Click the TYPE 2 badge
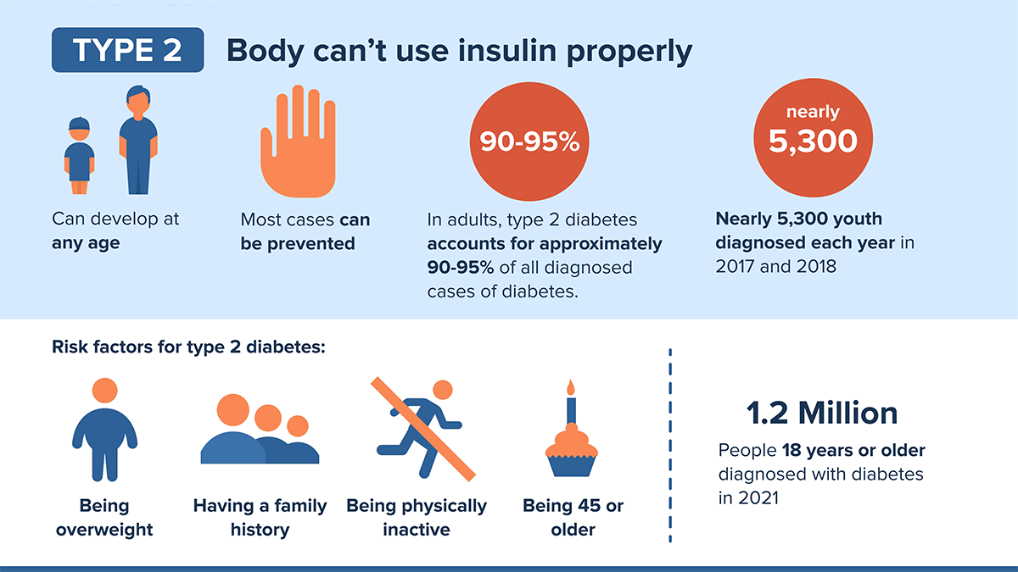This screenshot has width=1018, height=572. click(127, 50)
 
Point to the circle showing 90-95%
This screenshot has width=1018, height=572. click(529, 142)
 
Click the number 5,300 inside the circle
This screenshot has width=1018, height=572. click(813, 142)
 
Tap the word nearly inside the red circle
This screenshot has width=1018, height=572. click(813, 112)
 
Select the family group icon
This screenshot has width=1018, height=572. click(259, 430)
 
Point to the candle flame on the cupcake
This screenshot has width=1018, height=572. click(571, 387)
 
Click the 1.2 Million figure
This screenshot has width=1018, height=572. click(821, 413)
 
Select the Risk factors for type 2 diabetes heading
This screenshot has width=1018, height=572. click(188, 347)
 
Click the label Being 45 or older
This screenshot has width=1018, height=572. click(573, 517)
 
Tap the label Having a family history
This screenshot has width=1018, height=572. click(260, 517)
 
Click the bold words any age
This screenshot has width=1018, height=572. click(86, 243)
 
